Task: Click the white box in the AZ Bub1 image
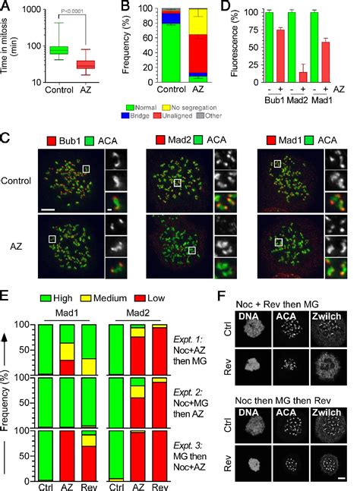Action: click(x=52, y=239)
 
